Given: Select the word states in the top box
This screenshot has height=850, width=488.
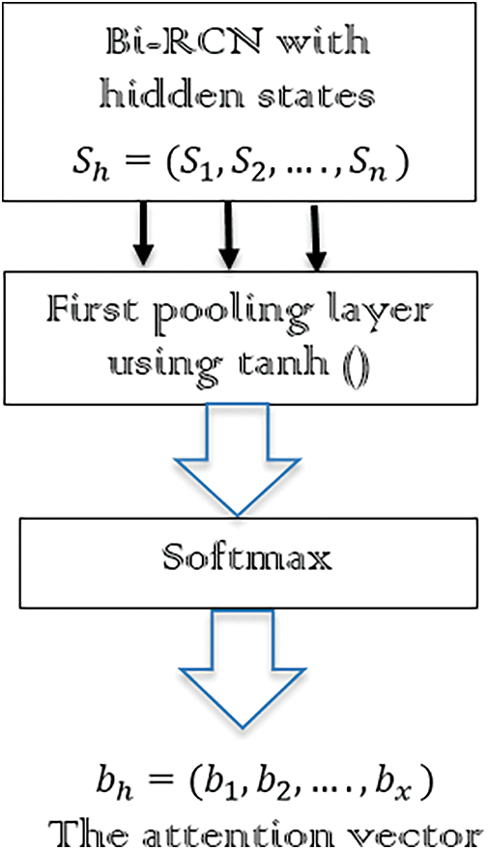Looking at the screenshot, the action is [310, 97].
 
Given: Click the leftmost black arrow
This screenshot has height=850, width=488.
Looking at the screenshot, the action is [143, 233].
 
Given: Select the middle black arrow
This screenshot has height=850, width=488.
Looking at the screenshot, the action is [229, 235].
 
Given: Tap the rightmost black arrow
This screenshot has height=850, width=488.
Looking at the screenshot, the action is [315, 237].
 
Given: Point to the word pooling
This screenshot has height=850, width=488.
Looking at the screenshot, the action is [221, 316].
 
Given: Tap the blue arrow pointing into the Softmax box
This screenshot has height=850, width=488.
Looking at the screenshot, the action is [237, 459].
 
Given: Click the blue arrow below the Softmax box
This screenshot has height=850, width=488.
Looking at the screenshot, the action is [243, 667].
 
